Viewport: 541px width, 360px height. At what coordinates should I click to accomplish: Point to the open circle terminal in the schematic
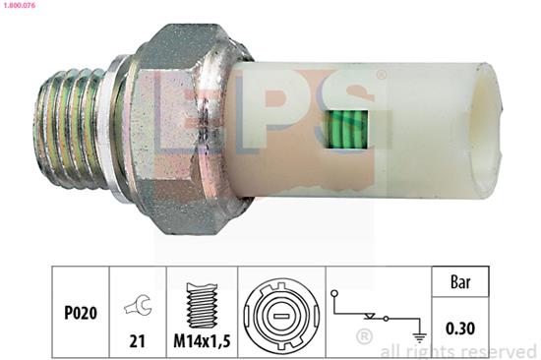tap(334, 292)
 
